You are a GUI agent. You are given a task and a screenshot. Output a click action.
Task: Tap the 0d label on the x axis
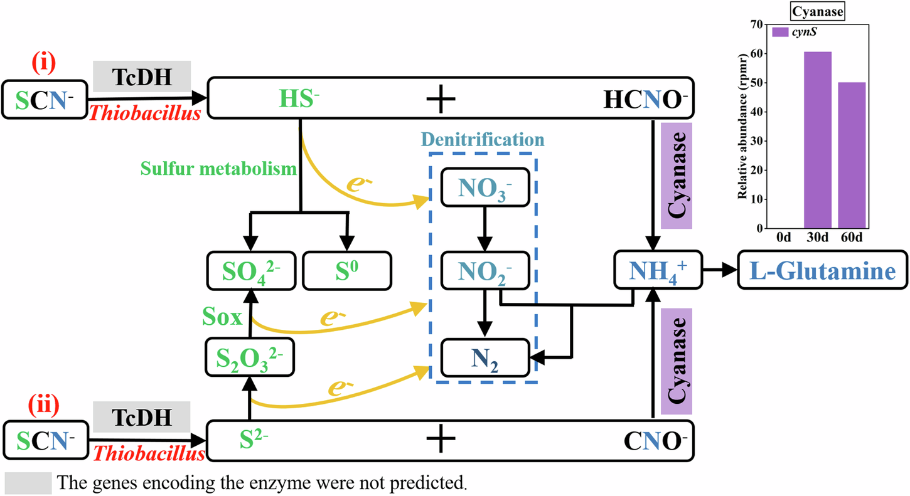[783, 239]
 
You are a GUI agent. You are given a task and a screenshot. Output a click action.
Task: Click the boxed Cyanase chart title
[816, 11]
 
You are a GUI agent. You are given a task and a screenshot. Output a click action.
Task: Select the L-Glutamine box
[822, 271]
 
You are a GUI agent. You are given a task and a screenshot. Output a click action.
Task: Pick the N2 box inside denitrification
[485, 357]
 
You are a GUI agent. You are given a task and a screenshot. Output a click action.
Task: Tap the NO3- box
[485, 186]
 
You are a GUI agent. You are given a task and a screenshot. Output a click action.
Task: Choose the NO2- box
[485, 271]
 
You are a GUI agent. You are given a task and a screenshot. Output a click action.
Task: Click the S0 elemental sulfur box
[346, 271]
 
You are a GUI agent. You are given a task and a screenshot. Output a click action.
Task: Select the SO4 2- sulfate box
[250, 271]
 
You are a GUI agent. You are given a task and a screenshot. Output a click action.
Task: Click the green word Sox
[222, 317]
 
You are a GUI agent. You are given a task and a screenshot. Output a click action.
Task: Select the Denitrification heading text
[483, 139]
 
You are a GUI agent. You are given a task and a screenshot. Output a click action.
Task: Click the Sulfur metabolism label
[218, 169]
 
